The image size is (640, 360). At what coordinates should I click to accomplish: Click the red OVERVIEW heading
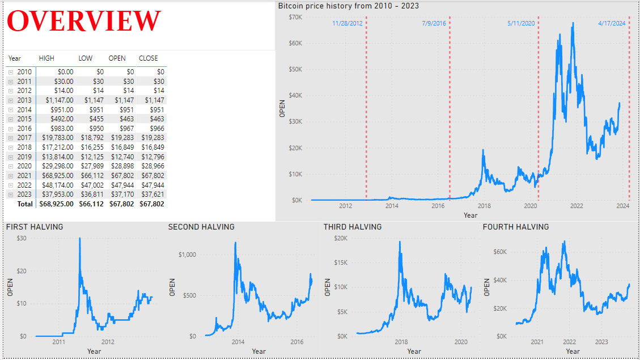tap(84, 21)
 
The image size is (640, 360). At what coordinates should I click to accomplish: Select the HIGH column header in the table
tap(47, 58)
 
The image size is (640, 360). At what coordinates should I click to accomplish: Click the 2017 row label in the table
tap(24, 138)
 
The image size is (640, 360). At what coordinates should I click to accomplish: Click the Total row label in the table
tap(25, 204)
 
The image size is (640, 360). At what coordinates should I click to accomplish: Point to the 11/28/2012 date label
tap(347, 24)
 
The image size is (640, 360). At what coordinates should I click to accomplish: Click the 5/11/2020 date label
tap(521, 24)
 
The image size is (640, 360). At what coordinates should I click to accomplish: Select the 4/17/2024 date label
tap(612, 24)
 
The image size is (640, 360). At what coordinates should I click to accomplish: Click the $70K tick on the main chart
tap(294, 17)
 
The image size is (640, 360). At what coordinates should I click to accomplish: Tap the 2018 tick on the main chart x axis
tap(484, 206)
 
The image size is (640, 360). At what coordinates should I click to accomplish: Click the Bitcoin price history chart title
tap(348, 6)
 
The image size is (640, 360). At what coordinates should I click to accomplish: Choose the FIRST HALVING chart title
tap(35, 227)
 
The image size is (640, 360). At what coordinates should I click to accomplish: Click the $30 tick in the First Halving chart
tap(22, 238)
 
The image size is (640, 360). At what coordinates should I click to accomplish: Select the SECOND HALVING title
tap(201, 227)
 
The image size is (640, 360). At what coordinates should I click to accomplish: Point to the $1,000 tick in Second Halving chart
tap(187, 255)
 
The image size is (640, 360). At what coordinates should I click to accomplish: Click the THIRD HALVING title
tap(353, 227)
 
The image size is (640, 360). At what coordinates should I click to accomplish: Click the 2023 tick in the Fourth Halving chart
tap(601, 342)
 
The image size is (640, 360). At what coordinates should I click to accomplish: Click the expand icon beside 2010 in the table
tap(10, 72)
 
